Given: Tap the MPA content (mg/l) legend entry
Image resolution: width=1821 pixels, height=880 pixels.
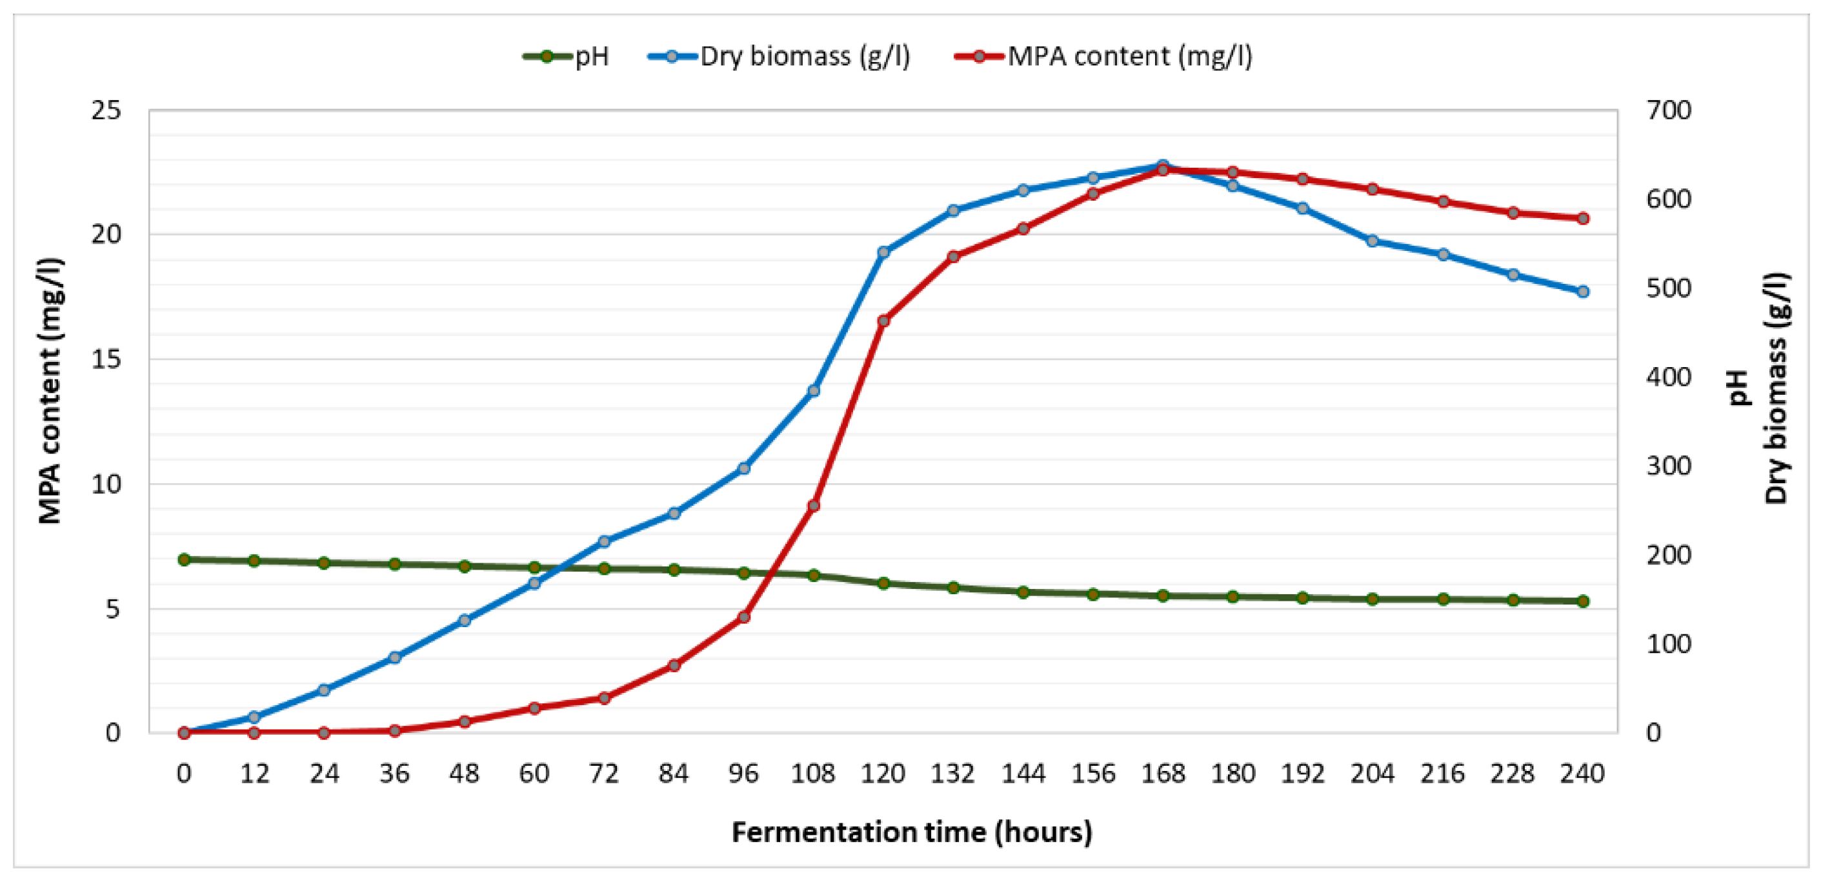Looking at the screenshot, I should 1103,56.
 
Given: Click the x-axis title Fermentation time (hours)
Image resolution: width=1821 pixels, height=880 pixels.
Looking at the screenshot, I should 911,832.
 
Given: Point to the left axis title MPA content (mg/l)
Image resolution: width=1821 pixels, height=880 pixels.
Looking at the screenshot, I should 50,391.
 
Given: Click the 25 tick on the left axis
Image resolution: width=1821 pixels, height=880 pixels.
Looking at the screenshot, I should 106,110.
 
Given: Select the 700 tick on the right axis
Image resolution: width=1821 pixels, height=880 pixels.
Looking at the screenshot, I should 1668,110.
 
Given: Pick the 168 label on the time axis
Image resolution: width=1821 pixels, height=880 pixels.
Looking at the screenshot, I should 1163,774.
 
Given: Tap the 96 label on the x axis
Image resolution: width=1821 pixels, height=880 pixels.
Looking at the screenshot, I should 743,774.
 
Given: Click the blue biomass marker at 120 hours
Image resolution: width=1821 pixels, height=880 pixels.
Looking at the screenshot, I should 883,252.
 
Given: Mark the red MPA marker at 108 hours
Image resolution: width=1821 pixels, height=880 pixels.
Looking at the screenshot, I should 813,505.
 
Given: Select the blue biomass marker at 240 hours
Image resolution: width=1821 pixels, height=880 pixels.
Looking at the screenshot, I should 1583,291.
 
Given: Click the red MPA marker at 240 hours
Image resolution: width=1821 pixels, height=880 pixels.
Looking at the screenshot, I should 1583,219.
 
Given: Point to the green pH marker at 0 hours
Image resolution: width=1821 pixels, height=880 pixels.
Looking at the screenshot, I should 184,559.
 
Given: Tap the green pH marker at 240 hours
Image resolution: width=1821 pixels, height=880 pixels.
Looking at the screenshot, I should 1583,601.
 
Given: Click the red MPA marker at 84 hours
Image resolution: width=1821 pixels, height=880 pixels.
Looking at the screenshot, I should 674,665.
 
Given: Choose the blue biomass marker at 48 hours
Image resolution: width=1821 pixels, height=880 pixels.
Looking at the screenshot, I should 465,621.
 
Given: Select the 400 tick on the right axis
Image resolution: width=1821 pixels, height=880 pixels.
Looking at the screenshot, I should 1668,377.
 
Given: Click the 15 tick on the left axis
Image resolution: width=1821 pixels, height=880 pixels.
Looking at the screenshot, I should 106,359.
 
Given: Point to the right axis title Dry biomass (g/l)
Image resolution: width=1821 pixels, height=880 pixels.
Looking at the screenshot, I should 1776,389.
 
